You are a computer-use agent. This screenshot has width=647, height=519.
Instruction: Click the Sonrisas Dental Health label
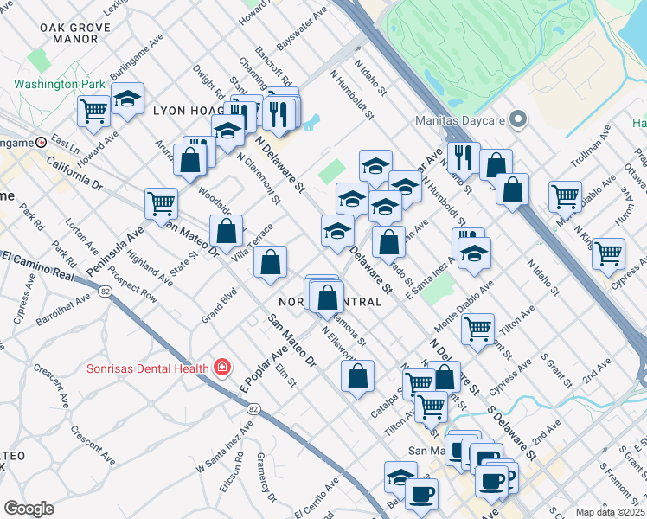(146, 368)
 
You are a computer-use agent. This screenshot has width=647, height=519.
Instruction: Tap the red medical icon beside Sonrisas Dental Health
(222, 368)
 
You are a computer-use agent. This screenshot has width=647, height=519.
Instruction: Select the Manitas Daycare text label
(459, 119)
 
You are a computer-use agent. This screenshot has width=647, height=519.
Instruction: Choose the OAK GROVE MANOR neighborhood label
(69, 33)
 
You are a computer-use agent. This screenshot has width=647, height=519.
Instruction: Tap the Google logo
(29, 509)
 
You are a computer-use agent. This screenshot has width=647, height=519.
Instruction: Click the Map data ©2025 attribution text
(610, 512)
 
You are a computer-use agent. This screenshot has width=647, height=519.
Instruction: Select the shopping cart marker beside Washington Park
(93, 110)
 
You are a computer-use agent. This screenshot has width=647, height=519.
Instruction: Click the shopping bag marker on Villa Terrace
(226, 232)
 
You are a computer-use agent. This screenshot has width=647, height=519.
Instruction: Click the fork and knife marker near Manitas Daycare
(465, 157)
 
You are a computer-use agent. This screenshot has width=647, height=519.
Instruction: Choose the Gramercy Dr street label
(265, 484)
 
